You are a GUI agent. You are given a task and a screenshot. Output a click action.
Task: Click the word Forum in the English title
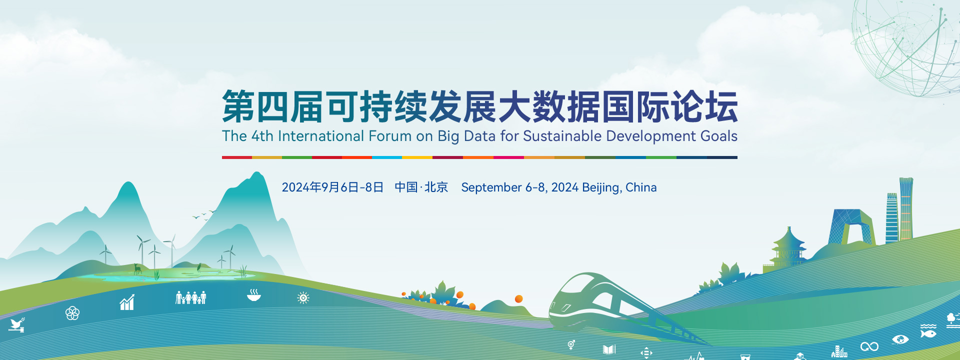(x=389, y=136)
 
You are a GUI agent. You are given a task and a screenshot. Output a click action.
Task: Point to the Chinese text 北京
(x=436, y=187)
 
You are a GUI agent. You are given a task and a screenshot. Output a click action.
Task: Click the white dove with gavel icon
(x=16, y=325)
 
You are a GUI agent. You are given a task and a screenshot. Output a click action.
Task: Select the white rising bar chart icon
(x=127, y=302)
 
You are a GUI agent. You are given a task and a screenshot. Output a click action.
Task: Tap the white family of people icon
(x=190, y=297)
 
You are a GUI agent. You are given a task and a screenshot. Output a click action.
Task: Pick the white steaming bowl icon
(x=254, y=294)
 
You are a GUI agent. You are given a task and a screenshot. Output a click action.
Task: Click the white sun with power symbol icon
(x=303, y=298)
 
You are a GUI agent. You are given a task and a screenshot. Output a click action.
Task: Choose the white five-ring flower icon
(x=72, y=313)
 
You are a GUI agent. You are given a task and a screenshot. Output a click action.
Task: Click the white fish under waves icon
(x=928, y=330)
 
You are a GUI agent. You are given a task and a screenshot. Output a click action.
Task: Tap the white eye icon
(x=900, y=339)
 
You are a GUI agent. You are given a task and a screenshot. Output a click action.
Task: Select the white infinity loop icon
(x=869, y=346)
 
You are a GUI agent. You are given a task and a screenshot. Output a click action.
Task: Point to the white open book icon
(x=609, y=349)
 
